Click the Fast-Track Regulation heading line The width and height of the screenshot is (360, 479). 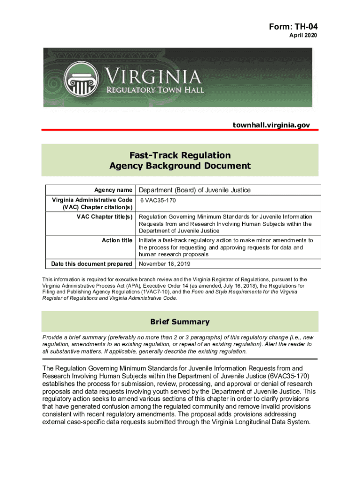tap(180, 155)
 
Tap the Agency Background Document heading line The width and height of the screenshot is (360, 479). tap(180, 166)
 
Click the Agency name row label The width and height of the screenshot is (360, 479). tap(113, 190)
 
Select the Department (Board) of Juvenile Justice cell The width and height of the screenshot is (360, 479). tap(194, 190)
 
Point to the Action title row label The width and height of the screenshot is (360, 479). tap(117, 240)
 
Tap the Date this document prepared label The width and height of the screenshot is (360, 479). tap(91, 264)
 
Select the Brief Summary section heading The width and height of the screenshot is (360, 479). tap(180, 322)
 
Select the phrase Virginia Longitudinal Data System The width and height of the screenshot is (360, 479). tap(253, 421)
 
